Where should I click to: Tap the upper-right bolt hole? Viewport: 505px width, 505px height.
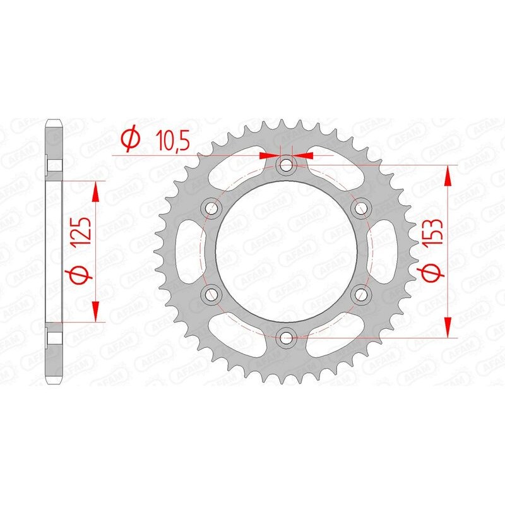(x=361, y=208)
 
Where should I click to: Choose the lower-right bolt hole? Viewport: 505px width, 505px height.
(x=361, y=293)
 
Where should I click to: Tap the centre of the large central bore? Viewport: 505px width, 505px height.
(x=287, y=251)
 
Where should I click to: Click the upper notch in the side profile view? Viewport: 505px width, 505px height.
(x=56, y=166)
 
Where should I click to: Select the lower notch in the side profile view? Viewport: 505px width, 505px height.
(x=56, y=335)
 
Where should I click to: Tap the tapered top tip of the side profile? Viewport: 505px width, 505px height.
(x=56, y=121)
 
